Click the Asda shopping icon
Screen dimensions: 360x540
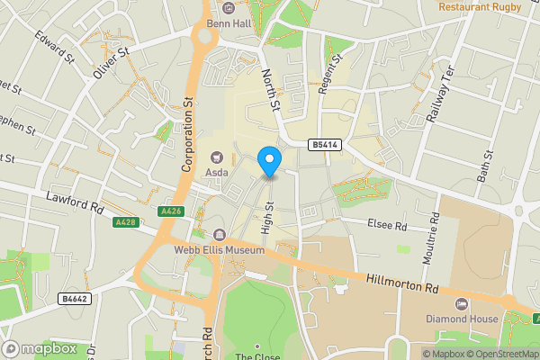[x=217, y=157]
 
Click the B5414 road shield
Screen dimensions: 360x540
[x=323, y=145]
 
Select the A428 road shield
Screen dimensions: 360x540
[x=125, y=221]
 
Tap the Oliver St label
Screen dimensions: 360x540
[x=113, y=64]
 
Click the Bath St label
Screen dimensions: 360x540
[x=488, y=166]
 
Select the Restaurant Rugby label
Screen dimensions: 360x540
[x=480, y=7]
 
